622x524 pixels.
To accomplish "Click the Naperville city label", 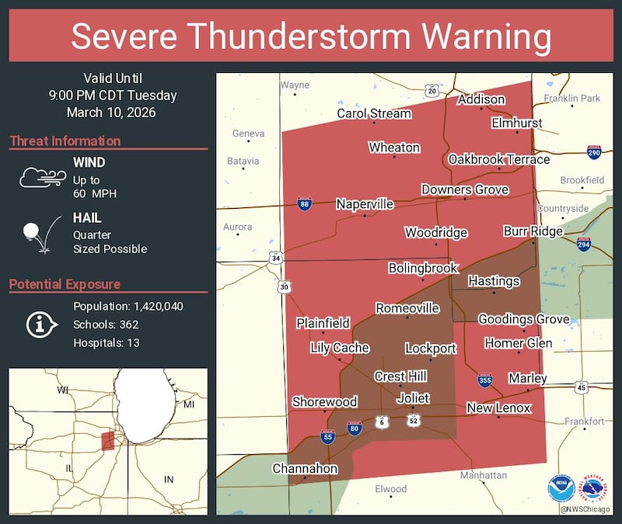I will pos(365,204).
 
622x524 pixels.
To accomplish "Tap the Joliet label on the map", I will pos(413,398).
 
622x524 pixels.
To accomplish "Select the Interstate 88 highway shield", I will pos(305,204).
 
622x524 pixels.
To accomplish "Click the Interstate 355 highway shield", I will pos(485,379).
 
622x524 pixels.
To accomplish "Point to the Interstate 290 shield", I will pos(593,152).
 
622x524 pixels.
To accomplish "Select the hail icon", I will pos(38,233).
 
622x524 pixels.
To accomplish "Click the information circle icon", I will pos(38,324).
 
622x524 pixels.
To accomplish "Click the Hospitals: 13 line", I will pos(107,342).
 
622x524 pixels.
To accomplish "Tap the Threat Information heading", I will pos(65,141).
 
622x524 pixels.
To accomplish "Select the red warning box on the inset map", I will pos(108,441).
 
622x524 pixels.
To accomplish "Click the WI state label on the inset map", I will pos(63,390).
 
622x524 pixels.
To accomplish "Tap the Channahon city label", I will pos(305,468).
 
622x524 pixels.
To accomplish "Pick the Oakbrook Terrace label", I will pos(498,159).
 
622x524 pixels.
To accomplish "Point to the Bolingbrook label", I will pos(423,268).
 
